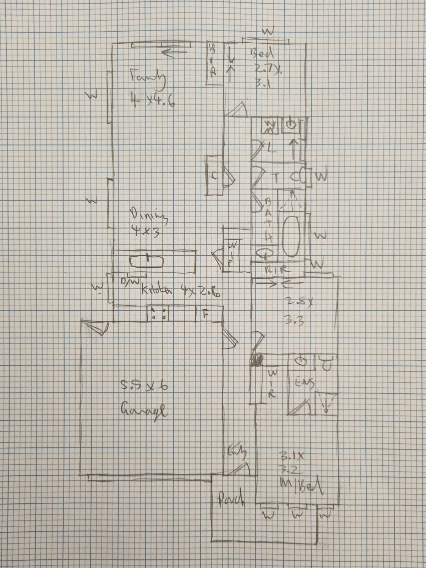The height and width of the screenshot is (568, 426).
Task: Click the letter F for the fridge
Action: (x=205, y=313)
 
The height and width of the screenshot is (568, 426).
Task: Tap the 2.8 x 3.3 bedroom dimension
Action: (x=299, y=311)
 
